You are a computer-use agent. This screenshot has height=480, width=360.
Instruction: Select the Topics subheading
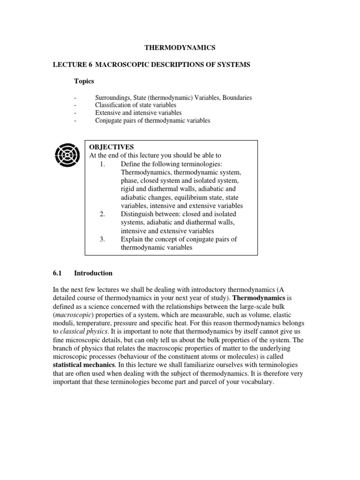pyautogui.click(x=84, y=81)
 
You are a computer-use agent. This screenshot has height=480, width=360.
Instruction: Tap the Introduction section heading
pyautogui.click(x=93, y=273)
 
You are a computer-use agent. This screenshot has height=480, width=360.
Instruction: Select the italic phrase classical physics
pyautogui.click(x=82, y=332)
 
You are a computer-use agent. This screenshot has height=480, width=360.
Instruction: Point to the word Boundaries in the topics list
pyautogui.click(x=235, y=98)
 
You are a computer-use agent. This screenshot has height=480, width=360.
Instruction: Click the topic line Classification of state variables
pyautogui.click(x=136, y=105)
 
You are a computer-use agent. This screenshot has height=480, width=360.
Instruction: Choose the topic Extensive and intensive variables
pyautogui.click(x=138, y=113)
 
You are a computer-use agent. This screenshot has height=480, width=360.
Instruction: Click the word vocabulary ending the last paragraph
pyautogui.click(x=256, y=382)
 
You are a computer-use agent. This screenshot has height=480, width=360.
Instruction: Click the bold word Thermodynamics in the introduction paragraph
pyautogui.click(x=259, y=298)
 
